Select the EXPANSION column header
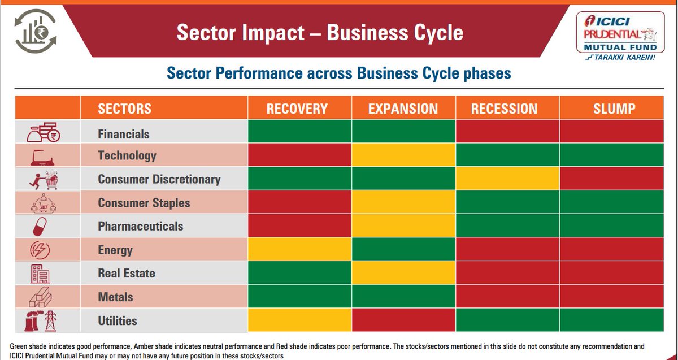point(403,109)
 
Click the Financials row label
point(124,135)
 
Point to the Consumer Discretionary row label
point(159,180)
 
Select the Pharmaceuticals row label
point(140,227)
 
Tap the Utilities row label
point(118,321)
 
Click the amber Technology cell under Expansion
point(403,155)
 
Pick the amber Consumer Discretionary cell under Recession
point(507,179)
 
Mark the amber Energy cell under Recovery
point(299,249)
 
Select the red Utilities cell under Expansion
point(403,320)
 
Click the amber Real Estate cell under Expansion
point(403,273)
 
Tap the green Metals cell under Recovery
point(299,297)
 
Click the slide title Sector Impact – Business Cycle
point(320,32)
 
